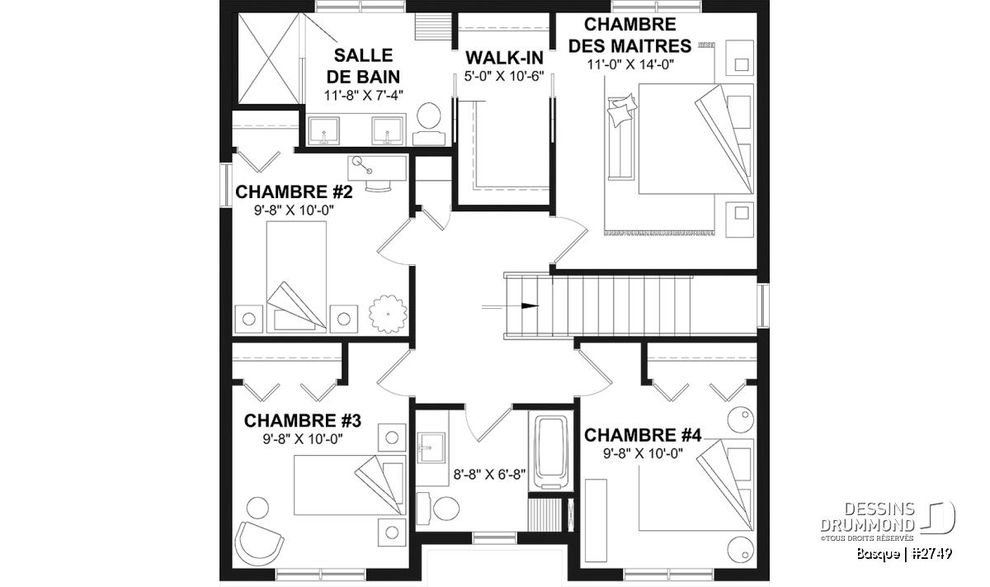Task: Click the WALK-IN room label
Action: point(504,58)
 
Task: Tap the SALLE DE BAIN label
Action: point(363,66)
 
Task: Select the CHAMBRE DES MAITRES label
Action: point(629,36)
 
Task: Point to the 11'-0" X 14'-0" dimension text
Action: point(630,64)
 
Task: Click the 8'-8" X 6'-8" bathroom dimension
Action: point(490,475)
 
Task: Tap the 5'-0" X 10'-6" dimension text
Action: point(504,76)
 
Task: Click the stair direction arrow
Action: point(510,305)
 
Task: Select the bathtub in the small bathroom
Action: point(551,452)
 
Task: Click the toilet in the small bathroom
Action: point(438,508)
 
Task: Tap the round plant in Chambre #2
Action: point(388,314)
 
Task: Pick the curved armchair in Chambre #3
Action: point(258,543)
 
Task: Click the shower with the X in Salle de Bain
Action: point(268,59)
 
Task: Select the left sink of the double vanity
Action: point(323,131)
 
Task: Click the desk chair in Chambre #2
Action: point(379,186)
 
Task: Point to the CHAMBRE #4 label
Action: point(643,435)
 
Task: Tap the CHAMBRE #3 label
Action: point(303,421)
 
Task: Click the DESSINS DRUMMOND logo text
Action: point(868,517)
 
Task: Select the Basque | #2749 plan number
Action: point(904,554)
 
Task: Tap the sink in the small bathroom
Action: point(431,448)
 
